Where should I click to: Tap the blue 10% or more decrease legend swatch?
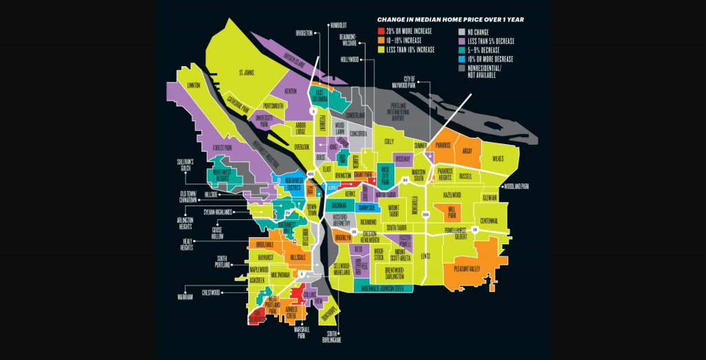pos(461,59)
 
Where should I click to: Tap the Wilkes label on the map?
pos(498,159)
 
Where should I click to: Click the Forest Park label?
pos(222,146)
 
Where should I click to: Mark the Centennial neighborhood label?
pos(489,220)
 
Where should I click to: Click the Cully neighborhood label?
pos(388,141)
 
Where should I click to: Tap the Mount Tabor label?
pos(393,209)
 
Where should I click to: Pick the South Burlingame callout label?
pos(330,337)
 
